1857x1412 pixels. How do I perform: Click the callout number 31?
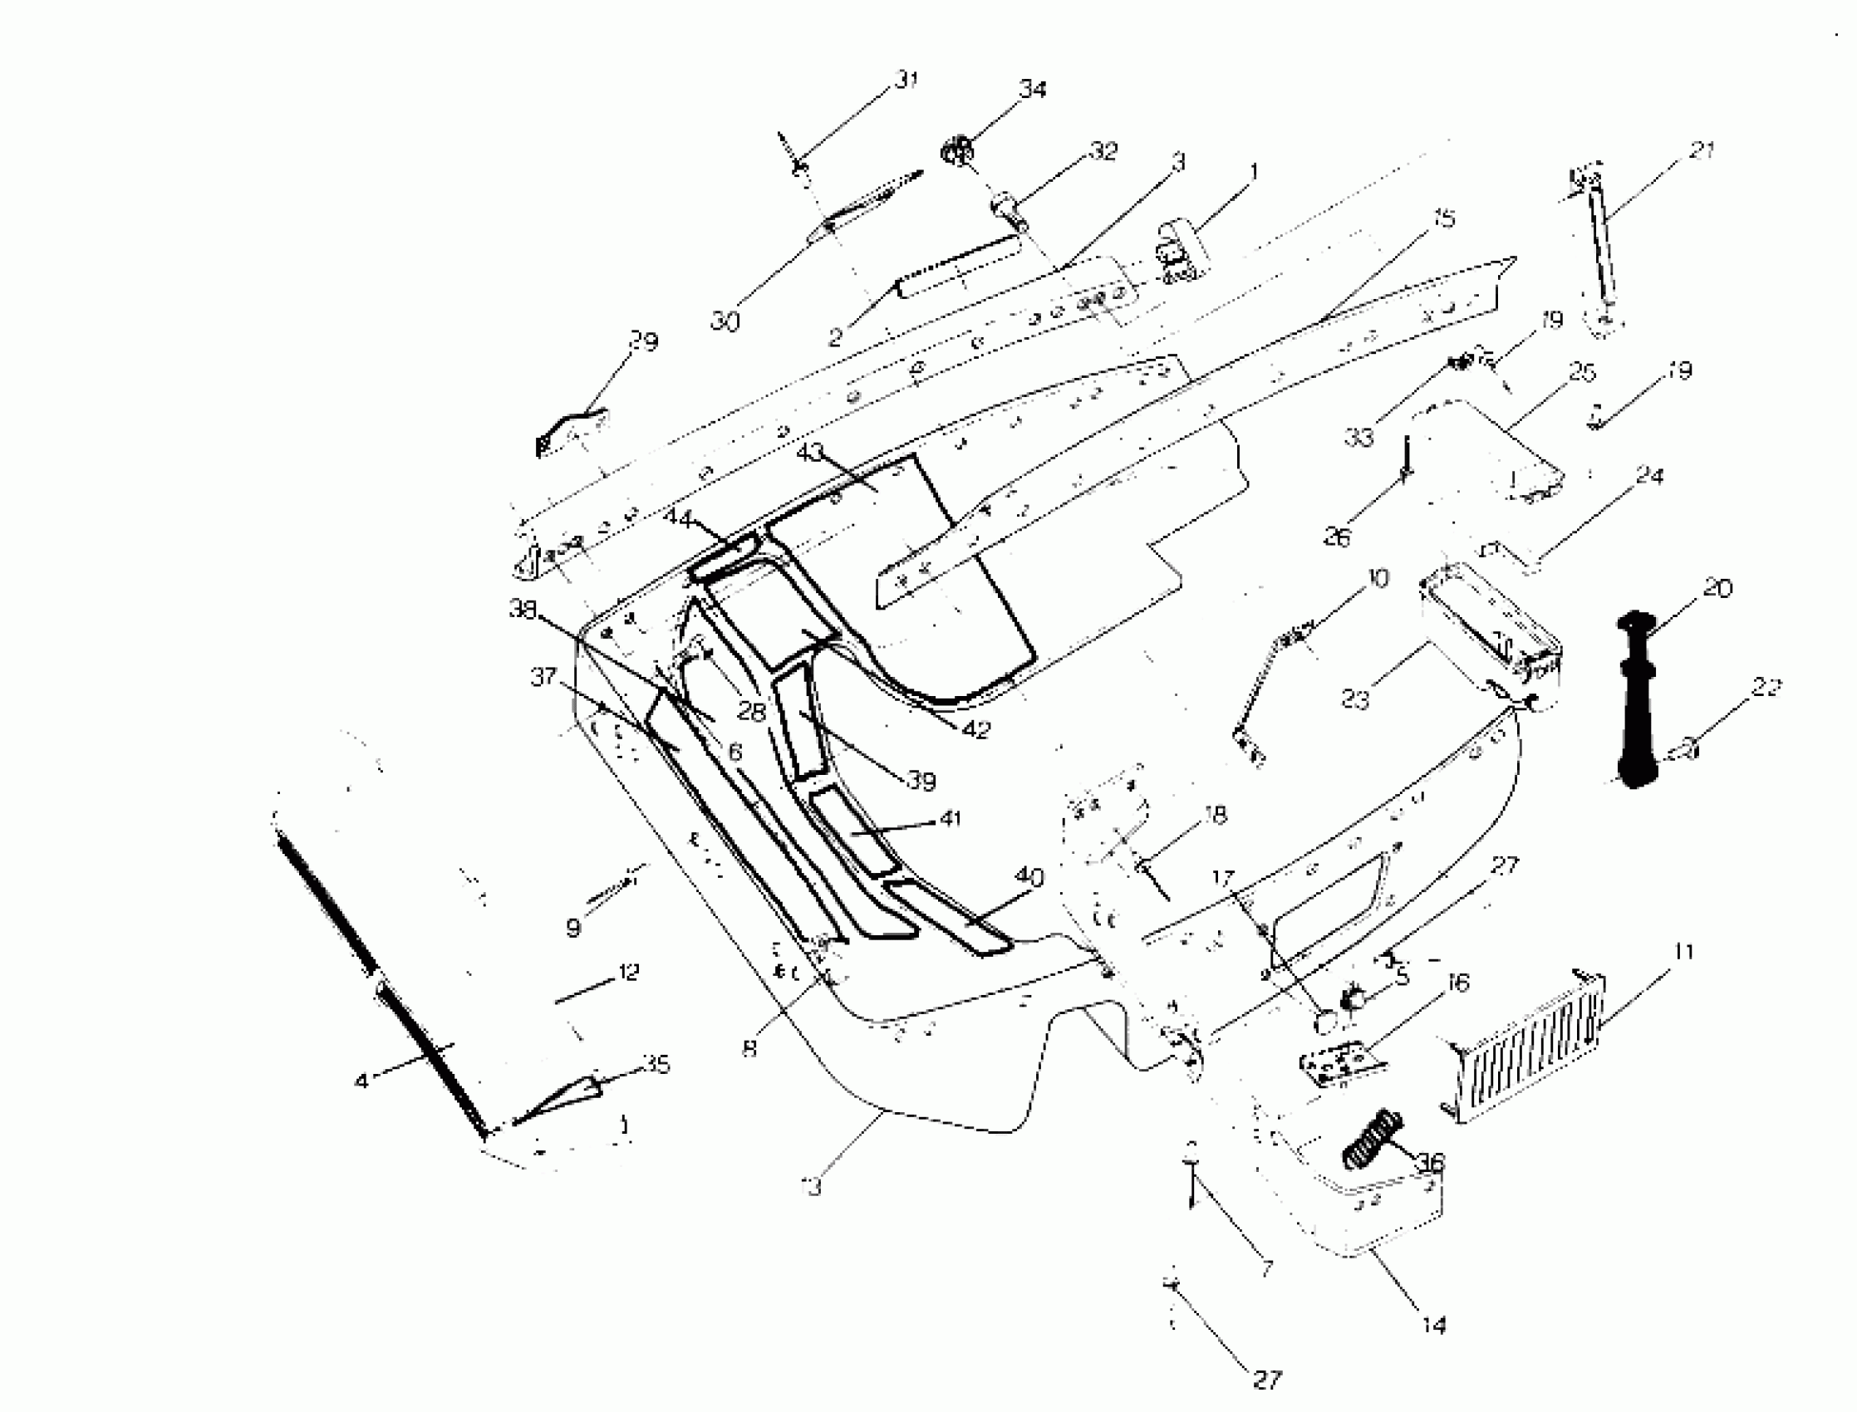pyautogui.click(x=906, y=80)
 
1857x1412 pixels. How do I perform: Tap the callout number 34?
pyautogui.click(x=1032, y=88)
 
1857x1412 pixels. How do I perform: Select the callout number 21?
pyautogui.click(x=1702, y=151)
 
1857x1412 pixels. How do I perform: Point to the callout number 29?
pyautogui.click(x=644, y=341)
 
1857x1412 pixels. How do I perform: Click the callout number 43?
pyautogui.click(x=809, y=453)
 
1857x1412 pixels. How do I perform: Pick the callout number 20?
pyautogui.click(x=1717, y=588)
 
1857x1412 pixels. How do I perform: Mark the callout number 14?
pyautogui.click(x=1434, y=1326)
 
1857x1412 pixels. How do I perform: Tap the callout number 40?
pyautogui.click(x=1029, y=877)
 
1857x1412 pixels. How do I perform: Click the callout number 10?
pyautogui.click(x=1378, y=578)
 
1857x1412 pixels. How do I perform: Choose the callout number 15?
pyautogui.click(x=1442, y=219)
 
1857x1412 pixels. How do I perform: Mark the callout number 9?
pyautogui.click(x=573, y=928)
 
